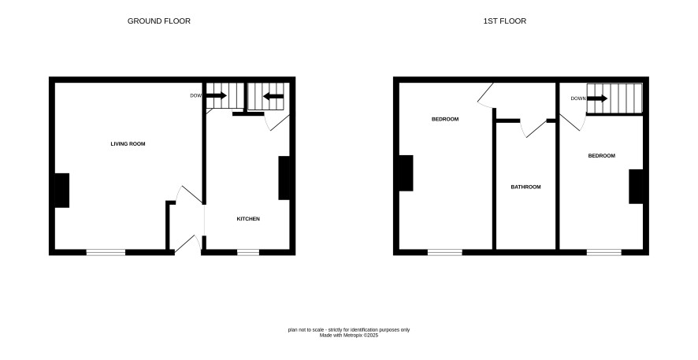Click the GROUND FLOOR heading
pos(159,21)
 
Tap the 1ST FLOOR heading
pos(505,21)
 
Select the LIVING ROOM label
pos(128,143)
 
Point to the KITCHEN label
pos(248,219)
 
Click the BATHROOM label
pos(525,187)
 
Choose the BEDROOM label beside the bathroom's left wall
pos(445,119)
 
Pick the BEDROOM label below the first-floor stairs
pos(601,156)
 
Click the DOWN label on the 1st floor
pos(578,98)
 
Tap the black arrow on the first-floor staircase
pos(597,98)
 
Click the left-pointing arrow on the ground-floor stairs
pos(273,96)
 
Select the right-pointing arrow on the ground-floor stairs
pos(217,95)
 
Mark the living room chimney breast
pos(62,190)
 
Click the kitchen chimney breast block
pos(284,177)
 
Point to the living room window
pos(106,252)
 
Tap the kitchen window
pos(248,252)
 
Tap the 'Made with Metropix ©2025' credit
pos(348,336)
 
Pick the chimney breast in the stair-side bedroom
pos(636,187)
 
